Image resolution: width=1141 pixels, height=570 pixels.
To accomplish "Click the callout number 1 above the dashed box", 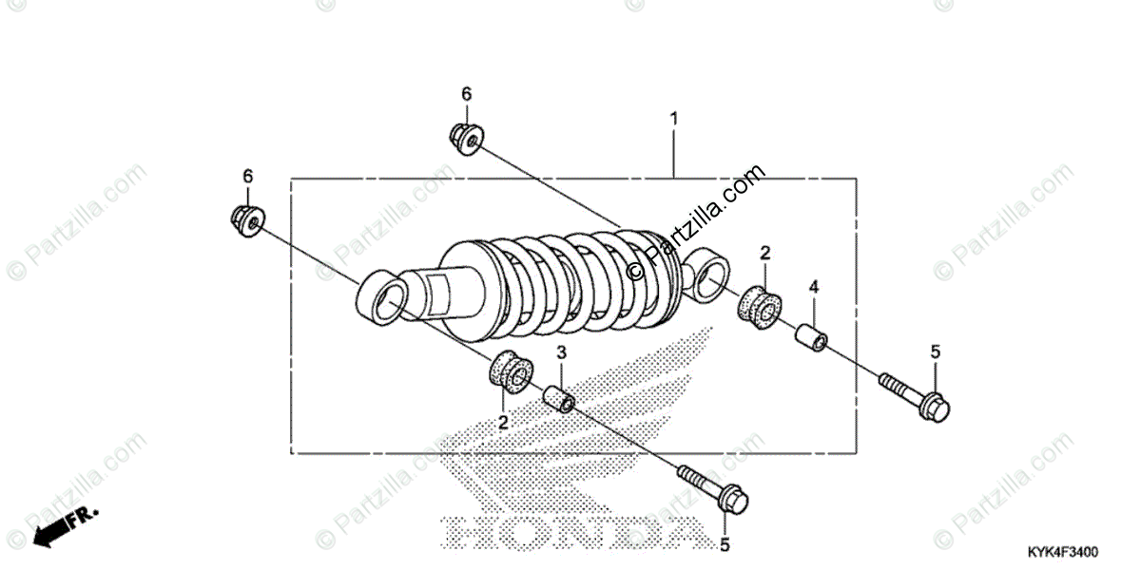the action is point(674,120).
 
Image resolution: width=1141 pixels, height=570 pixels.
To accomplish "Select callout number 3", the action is point(561,352).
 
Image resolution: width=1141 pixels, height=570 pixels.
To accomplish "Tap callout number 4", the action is point(814,287).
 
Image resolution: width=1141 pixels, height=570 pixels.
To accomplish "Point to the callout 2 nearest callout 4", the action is point(764,252).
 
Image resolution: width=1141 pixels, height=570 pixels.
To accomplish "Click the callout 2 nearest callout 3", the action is point(503,422).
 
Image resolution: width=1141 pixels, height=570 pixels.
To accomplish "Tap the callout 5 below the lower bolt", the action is point(725,545).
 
